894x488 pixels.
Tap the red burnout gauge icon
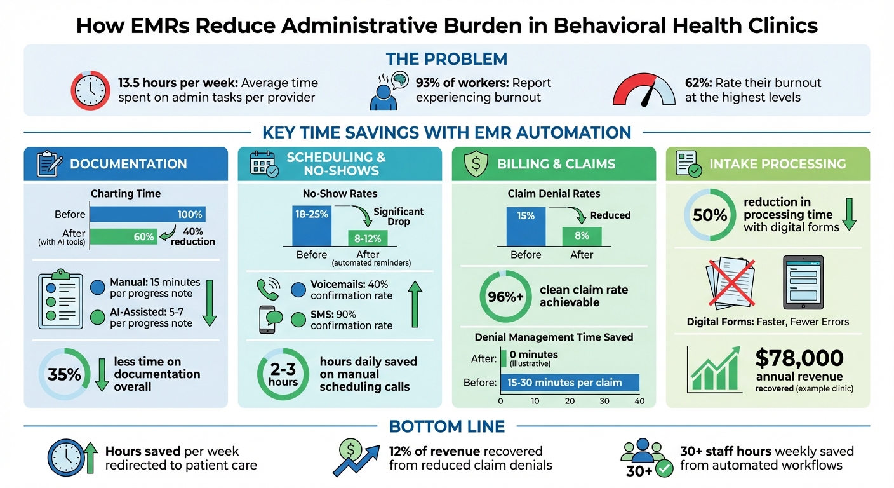[x=644, y=91]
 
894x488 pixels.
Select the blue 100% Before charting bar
[x=147, y=214]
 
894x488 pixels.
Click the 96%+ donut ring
[x=505, y=296]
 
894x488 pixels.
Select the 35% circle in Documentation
[x=64, y=374]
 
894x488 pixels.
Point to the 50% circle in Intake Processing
[x=709, y=215]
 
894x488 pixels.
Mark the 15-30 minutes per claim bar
[x=570, y=383]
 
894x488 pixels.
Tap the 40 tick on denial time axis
[x=639, y=402]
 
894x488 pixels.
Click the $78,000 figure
[x=799, y=359]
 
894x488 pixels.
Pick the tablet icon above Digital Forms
[x=803, y=281]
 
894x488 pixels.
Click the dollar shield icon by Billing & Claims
[x=476, y=163]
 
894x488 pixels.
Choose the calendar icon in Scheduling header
[x=262, y=164]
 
